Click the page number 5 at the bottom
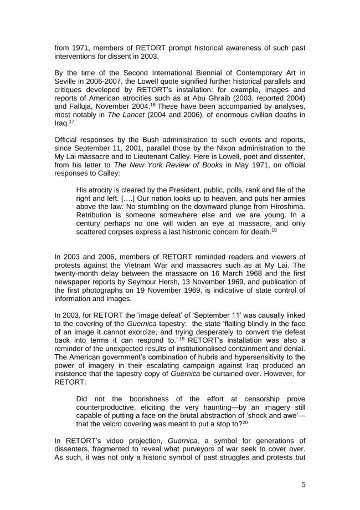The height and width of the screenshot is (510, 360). tap(303, 484)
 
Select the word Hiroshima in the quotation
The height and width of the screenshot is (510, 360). tap(286, 203)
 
